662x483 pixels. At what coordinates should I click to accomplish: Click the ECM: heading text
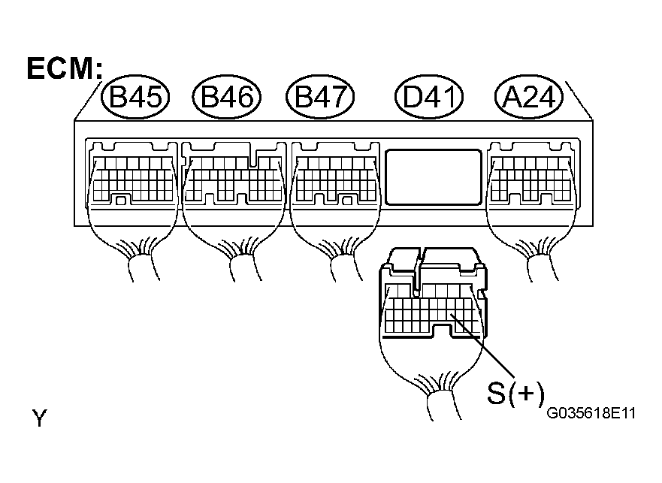pyautogui.click(x=65, y=68)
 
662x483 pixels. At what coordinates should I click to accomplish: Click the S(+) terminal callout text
pyautogui.click(x=515, y=393)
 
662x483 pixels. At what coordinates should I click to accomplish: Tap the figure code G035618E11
pyautogui.click(x=591, y=412)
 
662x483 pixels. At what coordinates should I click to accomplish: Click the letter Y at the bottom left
pyautogui.click(x=39, y=418)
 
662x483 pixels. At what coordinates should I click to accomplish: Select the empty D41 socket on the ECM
pyautogui.click(x=433, y=177)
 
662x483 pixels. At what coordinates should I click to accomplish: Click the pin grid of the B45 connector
pyautogui.click(x=132, y=180)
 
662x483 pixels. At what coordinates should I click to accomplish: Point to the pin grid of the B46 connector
pyautogui.click(x=234, y=180)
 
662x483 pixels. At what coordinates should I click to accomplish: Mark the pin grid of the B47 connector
pyautogui.click(x=336, y=180)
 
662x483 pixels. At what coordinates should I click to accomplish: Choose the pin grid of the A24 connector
pyautogui.click(x=531, y=180)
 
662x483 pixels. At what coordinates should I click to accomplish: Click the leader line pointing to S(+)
pyautogui.click(x=482, y=346)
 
